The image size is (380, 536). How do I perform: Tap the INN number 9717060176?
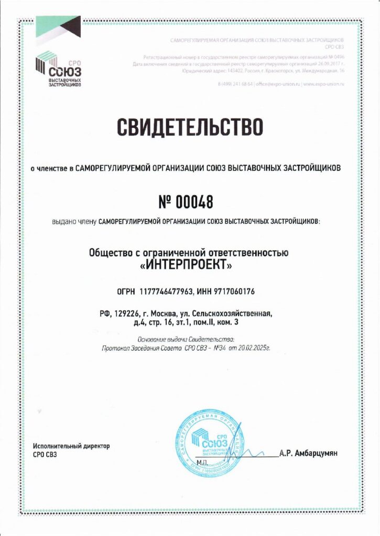coord(235,291)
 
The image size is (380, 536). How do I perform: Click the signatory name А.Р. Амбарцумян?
coord(309,453)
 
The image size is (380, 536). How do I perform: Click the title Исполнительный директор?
coord(71,446)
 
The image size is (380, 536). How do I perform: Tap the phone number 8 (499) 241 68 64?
coord(235,84)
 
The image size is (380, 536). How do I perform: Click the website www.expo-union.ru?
coord(324,84)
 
